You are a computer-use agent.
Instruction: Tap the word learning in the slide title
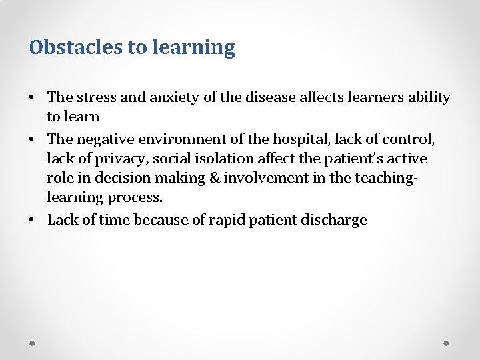click(194, 48)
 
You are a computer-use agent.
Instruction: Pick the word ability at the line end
click(427, 97)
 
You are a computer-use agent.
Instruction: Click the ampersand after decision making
click(214, 179)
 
